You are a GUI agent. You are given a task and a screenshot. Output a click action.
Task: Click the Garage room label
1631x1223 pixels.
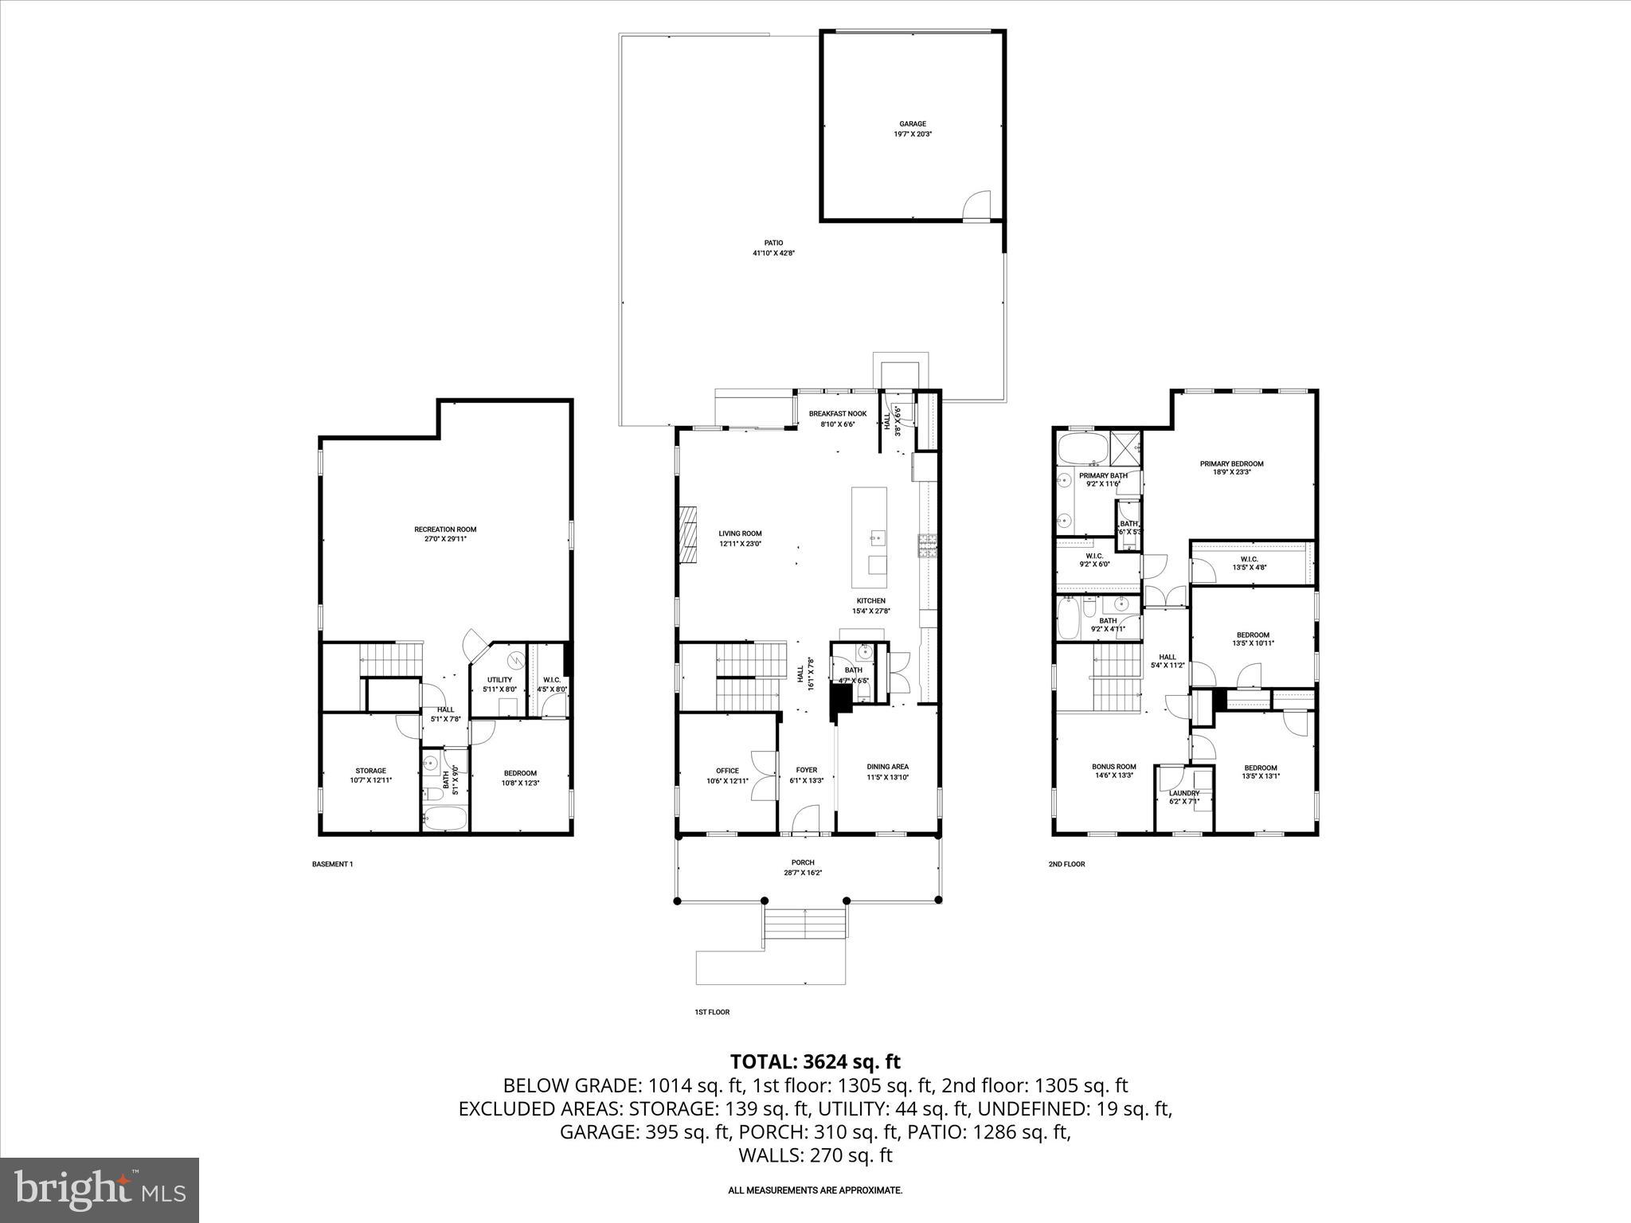click(x=913, y=124)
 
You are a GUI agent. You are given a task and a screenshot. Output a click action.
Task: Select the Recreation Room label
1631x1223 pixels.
click(x=445, y=529)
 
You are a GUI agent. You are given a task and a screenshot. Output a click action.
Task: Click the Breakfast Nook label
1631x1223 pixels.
click(x=838, y=414)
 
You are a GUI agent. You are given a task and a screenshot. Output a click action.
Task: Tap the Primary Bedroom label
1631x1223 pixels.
click(x=1231, y=463)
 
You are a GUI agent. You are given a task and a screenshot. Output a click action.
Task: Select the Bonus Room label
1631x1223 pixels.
click(x=1113, y=767)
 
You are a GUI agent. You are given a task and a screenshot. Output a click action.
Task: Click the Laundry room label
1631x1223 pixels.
click(x=1183, y=793)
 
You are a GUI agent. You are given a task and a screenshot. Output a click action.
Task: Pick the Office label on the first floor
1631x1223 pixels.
click(x=727, y=771)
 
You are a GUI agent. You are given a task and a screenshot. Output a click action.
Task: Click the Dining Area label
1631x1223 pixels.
click(x=887, y=767)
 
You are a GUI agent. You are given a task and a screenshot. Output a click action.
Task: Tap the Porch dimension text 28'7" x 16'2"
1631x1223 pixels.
click(x=803, y=873)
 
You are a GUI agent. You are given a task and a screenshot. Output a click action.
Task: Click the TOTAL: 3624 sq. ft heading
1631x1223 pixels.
click(x=815, y=1061)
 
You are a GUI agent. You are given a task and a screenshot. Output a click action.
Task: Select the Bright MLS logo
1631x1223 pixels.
click(x=100, y=1190)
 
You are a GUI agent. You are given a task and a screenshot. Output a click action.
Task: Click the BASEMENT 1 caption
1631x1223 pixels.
click(x=332, y=864)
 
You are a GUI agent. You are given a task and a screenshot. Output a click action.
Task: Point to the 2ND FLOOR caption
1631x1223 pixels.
click(x=1066, y=864)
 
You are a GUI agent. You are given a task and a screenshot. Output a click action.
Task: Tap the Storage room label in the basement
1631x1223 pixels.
click(x=370, y=771)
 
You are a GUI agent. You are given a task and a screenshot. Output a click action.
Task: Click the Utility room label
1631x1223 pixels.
click(x=499, y=680)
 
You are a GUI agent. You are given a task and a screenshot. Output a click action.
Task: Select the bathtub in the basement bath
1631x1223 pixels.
click(x=444, y=819)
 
